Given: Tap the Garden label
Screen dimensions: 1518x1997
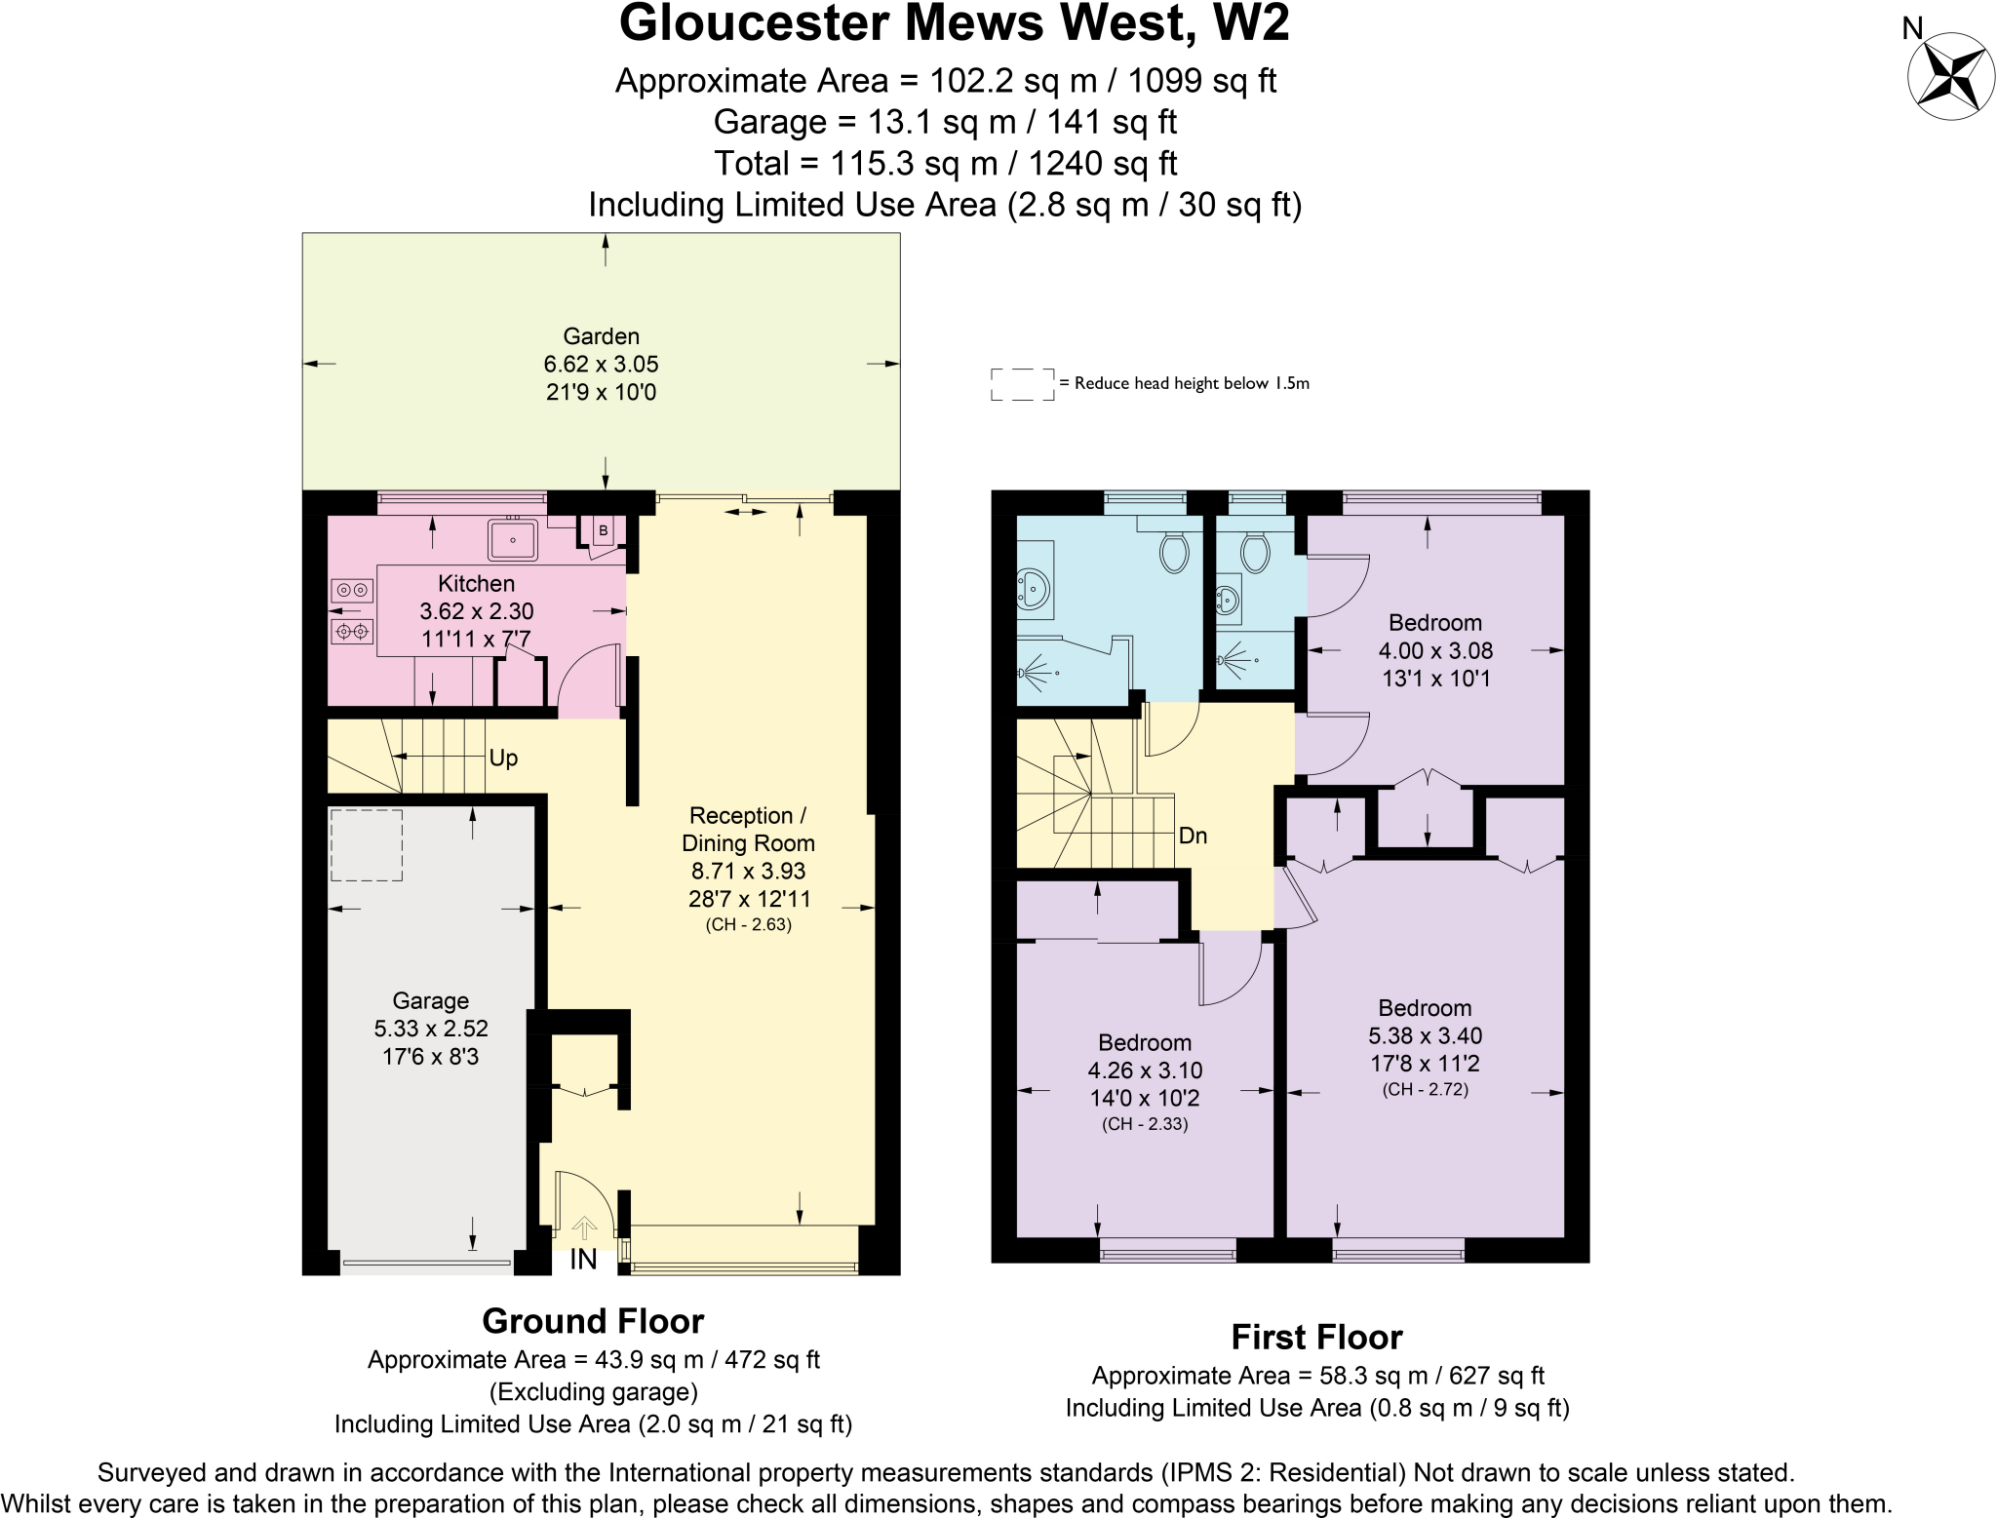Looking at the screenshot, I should pos(601,336).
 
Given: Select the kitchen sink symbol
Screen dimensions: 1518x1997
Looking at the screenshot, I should pos(513,539).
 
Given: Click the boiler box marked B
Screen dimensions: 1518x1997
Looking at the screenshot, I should pos(604,530).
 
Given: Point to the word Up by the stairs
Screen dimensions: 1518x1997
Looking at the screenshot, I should pos(503,758).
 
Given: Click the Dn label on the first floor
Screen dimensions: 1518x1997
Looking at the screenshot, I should pos(1193,836).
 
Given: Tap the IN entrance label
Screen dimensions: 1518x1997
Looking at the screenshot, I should pos(583,1260).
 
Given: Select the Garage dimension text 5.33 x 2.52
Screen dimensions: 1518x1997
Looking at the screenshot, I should pos(431,1029).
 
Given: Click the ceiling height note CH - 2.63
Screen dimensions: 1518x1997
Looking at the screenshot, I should pos(748,924).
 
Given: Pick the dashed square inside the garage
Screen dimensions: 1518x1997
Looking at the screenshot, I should pos(366,845).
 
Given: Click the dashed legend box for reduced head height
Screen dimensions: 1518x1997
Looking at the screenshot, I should pos(1022,384).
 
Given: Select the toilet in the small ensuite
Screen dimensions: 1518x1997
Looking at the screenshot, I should pos(1255,553).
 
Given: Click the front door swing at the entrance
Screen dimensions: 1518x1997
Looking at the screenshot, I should pos(583,1209).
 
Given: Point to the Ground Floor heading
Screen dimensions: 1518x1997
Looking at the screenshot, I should pos(593,1321).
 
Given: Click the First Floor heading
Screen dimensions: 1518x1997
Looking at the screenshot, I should pos(1316,1337).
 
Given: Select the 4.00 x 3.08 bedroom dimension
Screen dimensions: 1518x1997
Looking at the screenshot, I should pos(1435,650).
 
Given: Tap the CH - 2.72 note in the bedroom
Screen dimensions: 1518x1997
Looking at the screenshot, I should pos(1425,1089).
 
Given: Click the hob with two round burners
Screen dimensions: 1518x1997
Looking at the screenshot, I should pos(352,590).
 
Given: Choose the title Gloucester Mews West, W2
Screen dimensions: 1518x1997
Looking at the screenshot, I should pos(954,23).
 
